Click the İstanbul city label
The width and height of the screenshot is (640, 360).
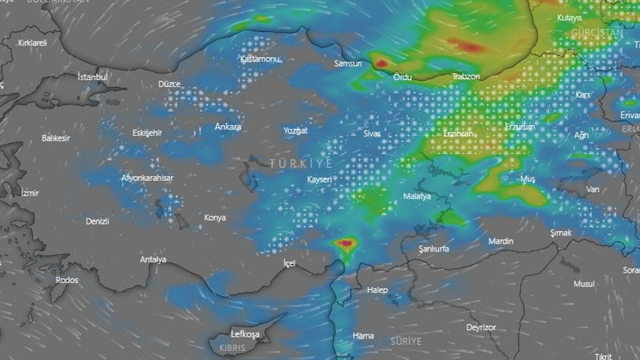(93, 77)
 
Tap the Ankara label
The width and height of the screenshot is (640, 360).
(228, 126)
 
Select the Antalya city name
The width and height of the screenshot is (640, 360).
(153, 259)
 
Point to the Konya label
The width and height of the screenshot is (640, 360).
(215, 217)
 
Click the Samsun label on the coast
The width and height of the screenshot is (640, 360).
(348, 63)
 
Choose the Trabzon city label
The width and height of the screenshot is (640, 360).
(466, 76)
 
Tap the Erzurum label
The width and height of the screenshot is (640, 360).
(520, 127)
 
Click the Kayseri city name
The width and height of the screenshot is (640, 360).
(319, 179)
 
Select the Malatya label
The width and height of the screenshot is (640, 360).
(417, 196)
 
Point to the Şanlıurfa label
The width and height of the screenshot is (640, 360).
(433, 248)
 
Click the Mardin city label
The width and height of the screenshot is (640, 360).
(500, 241)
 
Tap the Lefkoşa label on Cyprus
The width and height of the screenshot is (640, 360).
(245, 333)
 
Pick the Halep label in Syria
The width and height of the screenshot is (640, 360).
(377, 289)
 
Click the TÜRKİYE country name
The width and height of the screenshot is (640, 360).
(301, 163)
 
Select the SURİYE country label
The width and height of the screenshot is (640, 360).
(406, 341)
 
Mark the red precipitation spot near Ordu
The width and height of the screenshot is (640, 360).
(381, 63)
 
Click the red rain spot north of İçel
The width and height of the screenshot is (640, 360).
(345, 243)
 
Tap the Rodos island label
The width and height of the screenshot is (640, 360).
(67, 280)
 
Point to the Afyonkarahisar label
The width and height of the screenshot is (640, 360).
(147, 178)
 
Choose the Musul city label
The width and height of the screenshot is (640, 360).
(584, 283)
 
